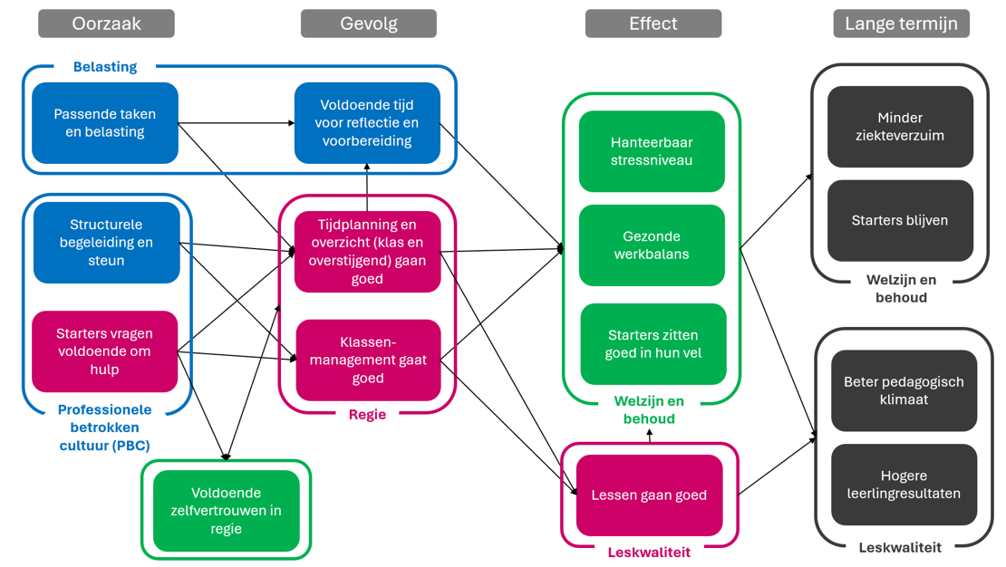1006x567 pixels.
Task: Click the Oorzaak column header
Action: pyautogui.click(x=106, y=24)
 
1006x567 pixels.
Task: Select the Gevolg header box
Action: pyautogui.click(x=368, y=24)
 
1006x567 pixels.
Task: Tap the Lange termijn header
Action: pyautogui.click(x=901, y=24)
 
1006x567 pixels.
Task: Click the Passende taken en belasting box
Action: pyautogui.click(x=105, y=123)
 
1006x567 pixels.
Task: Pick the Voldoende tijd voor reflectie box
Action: pyautogui.click(x=367, y=123)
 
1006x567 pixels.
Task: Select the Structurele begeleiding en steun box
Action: pyautogui.click(x=106, y=243)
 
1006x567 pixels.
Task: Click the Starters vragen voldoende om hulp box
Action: pyautogui.click(x=105, y=351)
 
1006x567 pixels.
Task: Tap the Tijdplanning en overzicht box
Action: pyautogui.click(x=367, y=252)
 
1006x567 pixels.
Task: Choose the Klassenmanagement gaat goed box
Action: pyautogui.click(x=368, y=360)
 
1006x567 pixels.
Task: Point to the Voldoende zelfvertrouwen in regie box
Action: pyautogui.click(x=227, y=511)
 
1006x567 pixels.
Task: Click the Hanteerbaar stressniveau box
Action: pyautogui.click(x=652, y=151)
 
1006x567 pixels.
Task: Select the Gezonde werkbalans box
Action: pyautogui.click(x=652, y=245)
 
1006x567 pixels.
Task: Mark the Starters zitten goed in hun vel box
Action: pyautogui.click(x=653, y=344)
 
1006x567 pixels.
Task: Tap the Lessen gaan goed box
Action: pyautogui.click(x=649, y=495)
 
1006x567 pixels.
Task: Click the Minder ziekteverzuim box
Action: pyautogui.click(x=900, y=127)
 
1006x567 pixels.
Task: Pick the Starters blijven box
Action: pyautogui.click(x=900, y=221)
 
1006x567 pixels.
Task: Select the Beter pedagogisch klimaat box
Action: pyautogui.click(x=904, y=390)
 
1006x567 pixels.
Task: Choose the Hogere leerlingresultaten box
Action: pyautogui.click(x=904, y=485)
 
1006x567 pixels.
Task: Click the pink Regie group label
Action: pyautogui.click(x=367, y=415)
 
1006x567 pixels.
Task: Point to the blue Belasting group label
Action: pyautogui.click(x=105, y=67)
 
